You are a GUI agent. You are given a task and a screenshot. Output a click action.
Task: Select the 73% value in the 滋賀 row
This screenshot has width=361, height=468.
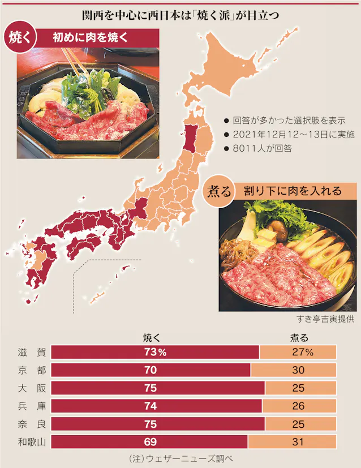(x=154, y=352)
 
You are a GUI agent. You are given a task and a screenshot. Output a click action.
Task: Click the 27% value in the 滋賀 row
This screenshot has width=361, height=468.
(x=299, y=352)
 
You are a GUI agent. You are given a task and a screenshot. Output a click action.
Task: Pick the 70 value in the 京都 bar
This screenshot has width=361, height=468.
(x=151, y=370)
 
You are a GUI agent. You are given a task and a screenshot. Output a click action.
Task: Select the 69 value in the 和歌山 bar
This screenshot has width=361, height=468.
(x=151, y=441)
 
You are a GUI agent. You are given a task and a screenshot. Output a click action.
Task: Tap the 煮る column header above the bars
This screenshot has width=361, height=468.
(x=299, y=338)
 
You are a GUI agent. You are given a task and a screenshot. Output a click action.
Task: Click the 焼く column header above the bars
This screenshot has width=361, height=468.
(x=153, y=338)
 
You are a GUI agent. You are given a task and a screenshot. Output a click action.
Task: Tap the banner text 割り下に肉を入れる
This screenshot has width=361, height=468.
(x=293, y=191)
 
